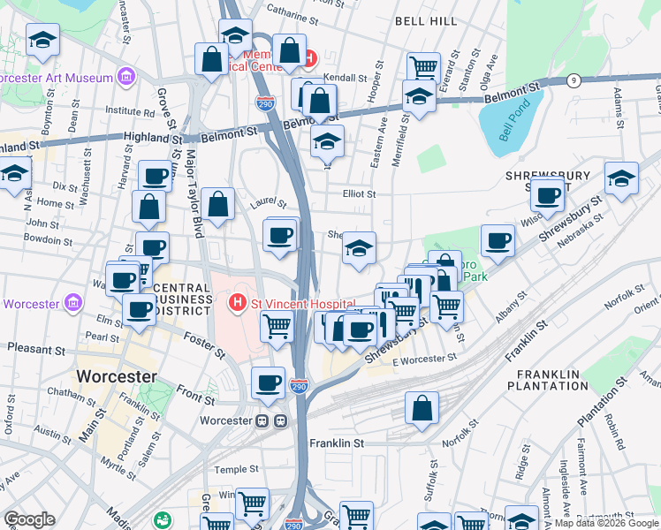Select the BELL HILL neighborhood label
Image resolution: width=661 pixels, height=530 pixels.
[426, 20]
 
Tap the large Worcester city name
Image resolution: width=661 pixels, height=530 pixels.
[116, 376]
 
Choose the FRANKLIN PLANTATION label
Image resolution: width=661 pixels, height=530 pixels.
[548, 380]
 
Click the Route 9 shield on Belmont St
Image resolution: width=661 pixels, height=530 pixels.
[574, 80]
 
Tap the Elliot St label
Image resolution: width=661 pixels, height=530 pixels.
[359, 194]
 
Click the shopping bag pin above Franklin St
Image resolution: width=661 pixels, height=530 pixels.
[422, 407]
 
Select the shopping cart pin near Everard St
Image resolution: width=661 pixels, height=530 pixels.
[424, 66]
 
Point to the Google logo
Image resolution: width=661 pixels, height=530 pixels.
[29, 519]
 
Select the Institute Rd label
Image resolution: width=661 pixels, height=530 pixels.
[130, 112]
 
